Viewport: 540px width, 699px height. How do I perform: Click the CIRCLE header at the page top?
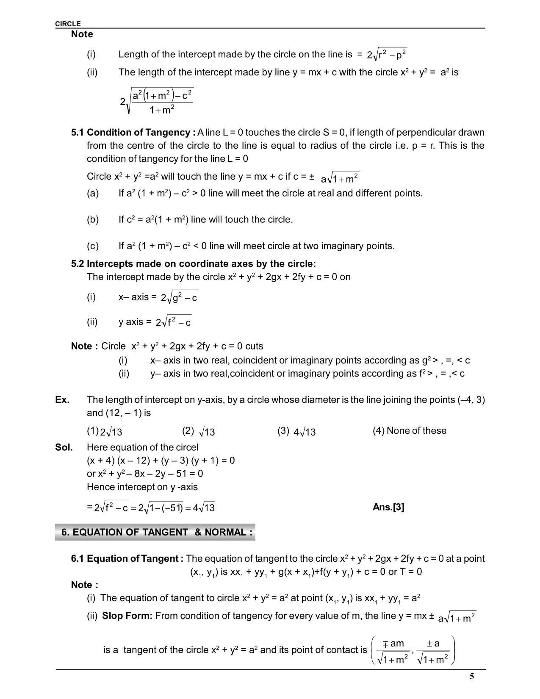68,24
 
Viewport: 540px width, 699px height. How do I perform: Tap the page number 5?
472,676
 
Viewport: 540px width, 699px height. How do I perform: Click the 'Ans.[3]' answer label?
388,507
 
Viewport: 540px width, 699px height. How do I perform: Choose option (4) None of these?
410,431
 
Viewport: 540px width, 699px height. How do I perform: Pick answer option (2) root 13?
199,431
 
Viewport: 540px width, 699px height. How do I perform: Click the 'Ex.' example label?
62,399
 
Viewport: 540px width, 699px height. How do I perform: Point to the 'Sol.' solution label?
64,447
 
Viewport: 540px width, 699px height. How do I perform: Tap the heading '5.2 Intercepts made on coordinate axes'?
194,264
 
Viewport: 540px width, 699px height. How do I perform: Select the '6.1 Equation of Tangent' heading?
127,558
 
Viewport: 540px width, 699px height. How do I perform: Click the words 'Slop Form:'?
127,616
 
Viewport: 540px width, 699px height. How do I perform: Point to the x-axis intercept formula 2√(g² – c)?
179,297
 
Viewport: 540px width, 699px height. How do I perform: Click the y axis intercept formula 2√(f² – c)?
174,322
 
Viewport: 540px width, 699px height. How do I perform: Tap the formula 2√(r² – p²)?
387,54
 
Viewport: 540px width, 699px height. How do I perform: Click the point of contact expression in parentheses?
413,650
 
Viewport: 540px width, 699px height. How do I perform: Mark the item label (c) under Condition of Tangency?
93,246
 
